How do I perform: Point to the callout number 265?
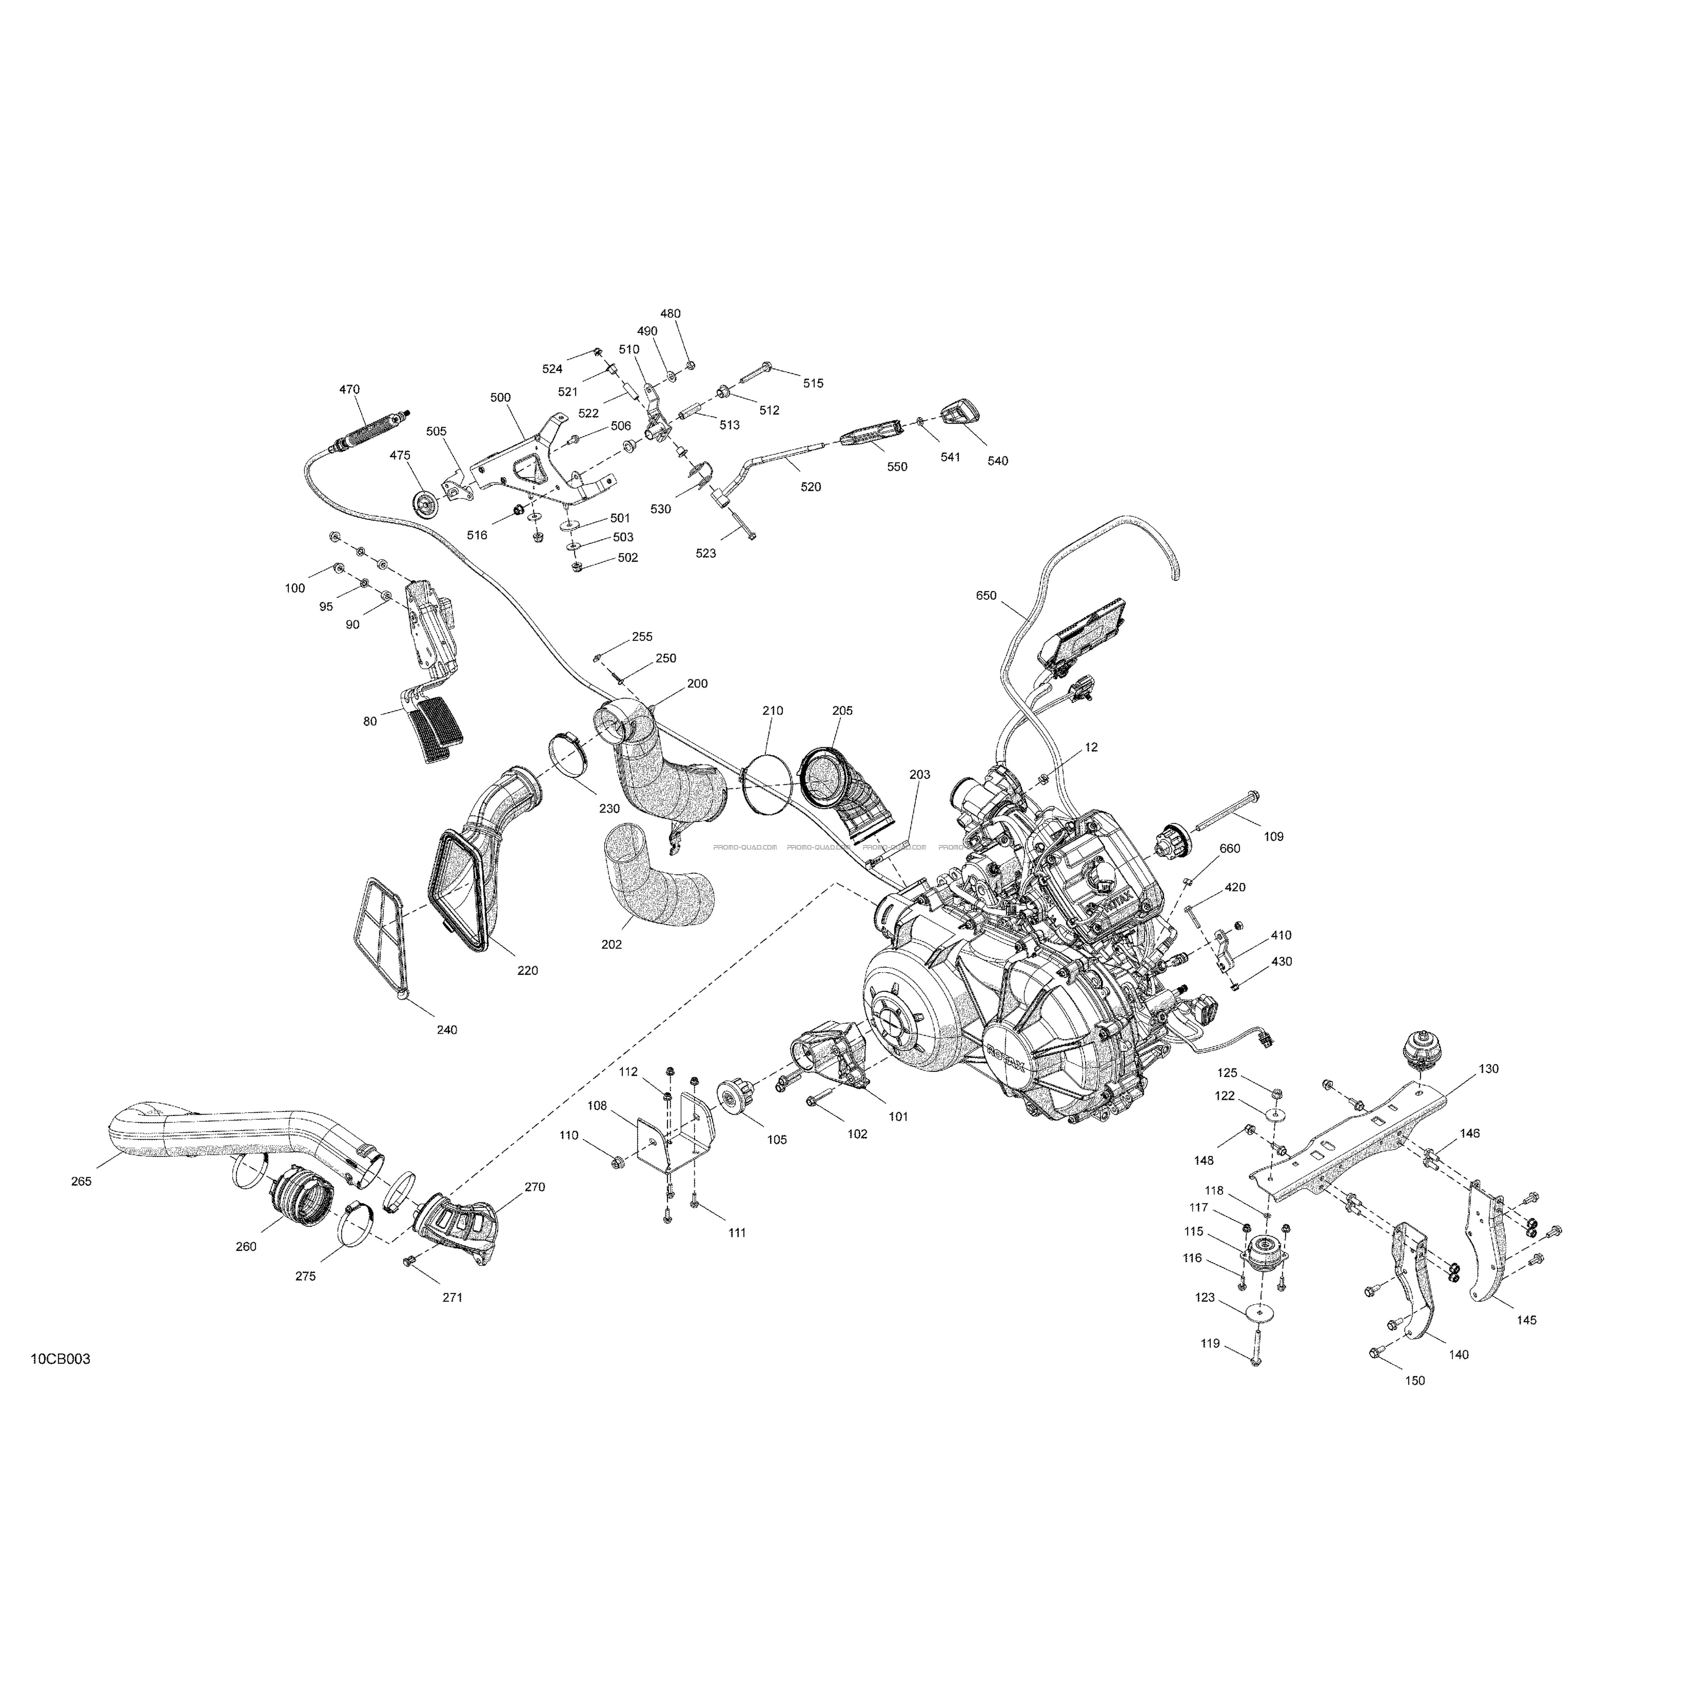click(x=82, y=1181)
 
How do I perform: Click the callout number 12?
click(x=1091, y=747)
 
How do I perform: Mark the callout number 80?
click(x=371, y=721)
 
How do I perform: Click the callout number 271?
click(x=452, y=1297)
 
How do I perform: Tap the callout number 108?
click(x=597, y=1106)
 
